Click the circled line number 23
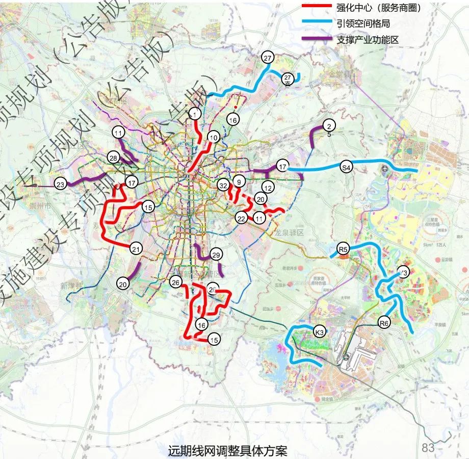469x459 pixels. point(61,185)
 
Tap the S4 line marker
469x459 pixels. point(346,167)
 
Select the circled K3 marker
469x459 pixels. point(320,332)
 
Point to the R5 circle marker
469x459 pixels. point(343,249)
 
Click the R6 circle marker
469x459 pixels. point(384,322)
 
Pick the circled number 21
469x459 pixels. point(136,249)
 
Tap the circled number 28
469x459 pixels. point(113,158)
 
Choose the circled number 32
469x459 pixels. point(222,185)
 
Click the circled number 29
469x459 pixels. point(216,254)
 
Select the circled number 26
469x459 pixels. point(176,283)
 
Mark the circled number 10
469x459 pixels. point(213,137)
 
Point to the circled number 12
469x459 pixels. point(268,188)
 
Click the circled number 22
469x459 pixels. point(242,218)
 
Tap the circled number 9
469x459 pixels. point(238,181)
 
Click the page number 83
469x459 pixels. point(428,448)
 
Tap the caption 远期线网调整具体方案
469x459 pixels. point(227,451)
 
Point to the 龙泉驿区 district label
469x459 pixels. point(290,232)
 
